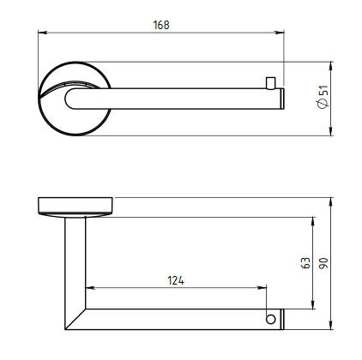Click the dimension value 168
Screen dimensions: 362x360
click(x=161, y=25)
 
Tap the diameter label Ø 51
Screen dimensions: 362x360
click(x=323, y=97)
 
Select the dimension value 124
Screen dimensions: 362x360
click(x=176, y=280)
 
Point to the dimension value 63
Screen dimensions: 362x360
click(x=305, y=263)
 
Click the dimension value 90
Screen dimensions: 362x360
click(x=323, y=263)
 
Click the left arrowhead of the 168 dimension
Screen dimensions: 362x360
click(x=42, y=33)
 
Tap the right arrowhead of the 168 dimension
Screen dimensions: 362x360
click(x=280, y=33)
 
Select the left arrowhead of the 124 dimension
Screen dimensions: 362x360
click(x=90, y=288)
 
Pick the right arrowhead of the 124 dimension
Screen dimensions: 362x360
click(x=262, y=288)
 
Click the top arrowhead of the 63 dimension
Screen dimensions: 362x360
click(x=313, y=221)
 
